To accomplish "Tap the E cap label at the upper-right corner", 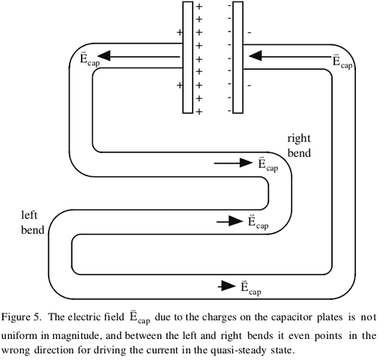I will point(343,61).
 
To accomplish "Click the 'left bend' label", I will point(32,221).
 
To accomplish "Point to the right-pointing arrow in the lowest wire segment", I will point(226,286).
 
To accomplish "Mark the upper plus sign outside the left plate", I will point(179,33).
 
